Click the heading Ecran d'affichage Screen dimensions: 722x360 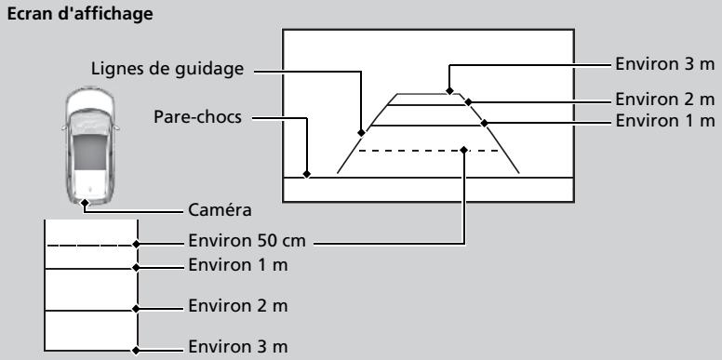coord(80,14)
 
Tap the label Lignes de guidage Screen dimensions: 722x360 coord(167,69)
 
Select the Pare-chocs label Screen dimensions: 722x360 coord(197,116)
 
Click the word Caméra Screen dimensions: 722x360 coord(220,210)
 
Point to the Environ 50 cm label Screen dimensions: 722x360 coord(247,240)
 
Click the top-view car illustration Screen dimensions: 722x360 coord(90,145)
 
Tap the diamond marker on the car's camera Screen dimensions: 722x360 coord(85,203)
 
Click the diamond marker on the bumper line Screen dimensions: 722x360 coord(307,175)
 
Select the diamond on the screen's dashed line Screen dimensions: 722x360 coord(463,150)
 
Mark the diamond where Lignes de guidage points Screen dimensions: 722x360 coord(361,133)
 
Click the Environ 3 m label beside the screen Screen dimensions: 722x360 coord(665,64)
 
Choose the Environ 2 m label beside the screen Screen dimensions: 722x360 coord(665,99)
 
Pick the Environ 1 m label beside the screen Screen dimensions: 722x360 coord(665,121)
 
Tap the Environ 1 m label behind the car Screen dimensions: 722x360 coord(238,265)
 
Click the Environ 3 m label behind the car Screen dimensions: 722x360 coord(238,346)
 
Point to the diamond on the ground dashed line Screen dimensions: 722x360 coord(136,244)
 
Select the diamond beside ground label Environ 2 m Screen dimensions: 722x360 coord(136,309)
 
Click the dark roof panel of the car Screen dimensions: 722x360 coord(90,152)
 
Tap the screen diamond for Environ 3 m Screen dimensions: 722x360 coord(449,90)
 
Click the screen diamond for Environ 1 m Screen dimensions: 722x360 coord(484,123)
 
